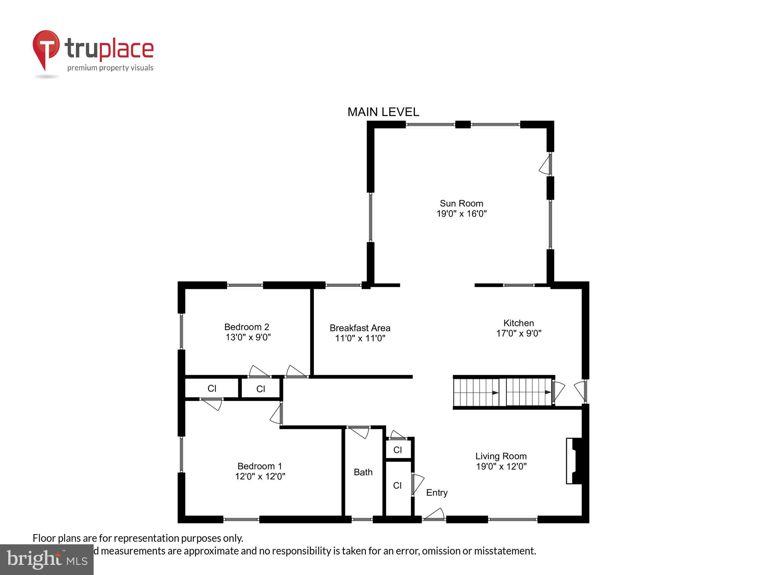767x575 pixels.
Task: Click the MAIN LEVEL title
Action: [x=383, y=112]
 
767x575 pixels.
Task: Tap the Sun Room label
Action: [x=461, y=203]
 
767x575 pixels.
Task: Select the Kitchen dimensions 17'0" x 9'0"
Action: [x=519, y=333]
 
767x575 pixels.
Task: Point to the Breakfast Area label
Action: [x=360, y=328]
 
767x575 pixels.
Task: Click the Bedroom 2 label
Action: [x=246, y=327]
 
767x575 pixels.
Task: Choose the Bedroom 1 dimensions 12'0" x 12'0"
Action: [x=260, y=476]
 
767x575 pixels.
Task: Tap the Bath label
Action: [x=363, y=472]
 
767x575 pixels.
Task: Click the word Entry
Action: [x=437, y=493]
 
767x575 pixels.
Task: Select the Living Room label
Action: [x=501, y=456]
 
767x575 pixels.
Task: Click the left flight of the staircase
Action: [x=476, y=392]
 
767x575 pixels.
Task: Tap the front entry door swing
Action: [x=434, y=514]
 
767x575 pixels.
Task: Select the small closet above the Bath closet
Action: [x=398, y=450]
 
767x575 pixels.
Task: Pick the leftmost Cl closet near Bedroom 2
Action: [x=212, y=388]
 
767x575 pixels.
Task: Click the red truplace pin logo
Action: [x=46, y=49]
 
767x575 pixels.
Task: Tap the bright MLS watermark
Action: [x=47, y=559]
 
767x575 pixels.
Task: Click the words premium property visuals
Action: [x=110, y=68]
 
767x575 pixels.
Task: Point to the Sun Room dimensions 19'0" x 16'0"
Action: [x=461, y=214]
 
